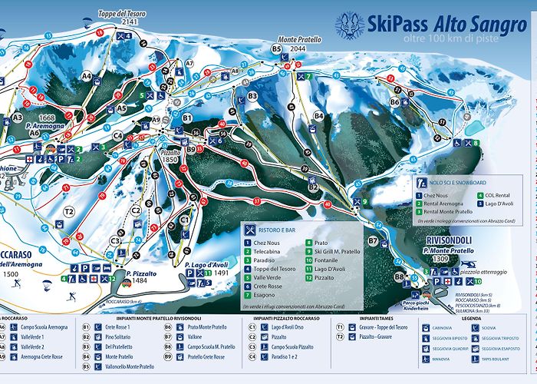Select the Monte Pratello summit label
click(299, 39)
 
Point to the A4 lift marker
click(86, 75)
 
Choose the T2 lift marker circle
click(69, 211)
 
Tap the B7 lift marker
click(373, 240)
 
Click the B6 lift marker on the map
click(394, 101)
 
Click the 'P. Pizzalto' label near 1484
click(142, 273)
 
